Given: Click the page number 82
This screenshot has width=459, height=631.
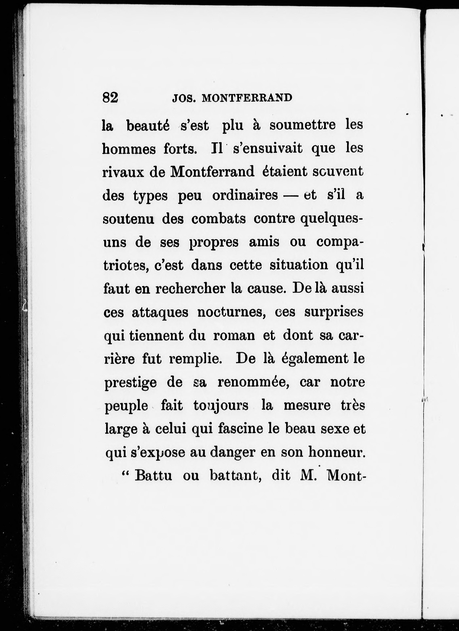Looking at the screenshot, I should [x=110, y=98].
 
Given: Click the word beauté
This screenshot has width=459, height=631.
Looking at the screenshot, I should [x=148, y=126].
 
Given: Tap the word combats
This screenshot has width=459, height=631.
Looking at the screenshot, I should [x=218, y=219].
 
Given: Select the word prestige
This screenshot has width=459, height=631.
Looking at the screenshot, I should [x=131, y=383].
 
